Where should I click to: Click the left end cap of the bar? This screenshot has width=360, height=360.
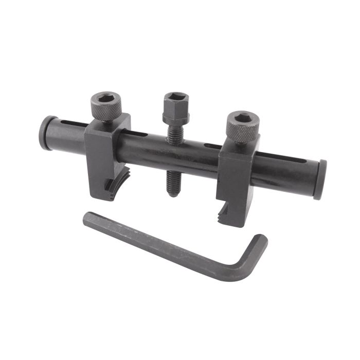[x=45, y=133]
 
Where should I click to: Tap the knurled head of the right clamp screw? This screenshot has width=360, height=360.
[x=243, y=128]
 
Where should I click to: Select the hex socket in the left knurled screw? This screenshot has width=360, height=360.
[x=106, y=100]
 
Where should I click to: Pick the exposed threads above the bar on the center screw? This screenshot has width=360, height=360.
[x=175, y=133]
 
